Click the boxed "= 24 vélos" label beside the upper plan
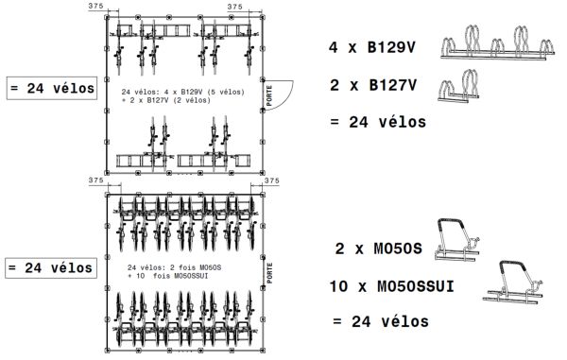click(51, 89)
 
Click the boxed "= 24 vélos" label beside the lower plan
click(51, 267)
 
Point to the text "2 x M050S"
click(378, 249)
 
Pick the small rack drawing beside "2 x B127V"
click(461, 88)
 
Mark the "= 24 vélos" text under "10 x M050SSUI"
click(381, 322)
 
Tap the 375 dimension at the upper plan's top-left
click(94, 7)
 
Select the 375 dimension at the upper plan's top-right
click(236, 7)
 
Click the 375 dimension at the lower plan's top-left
click(94, 180)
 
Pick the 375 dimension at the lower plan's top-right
click(272, 180)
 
